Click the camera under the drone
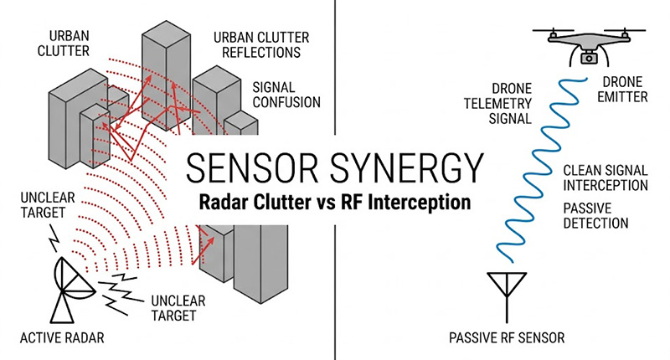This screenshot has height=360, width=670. point(588,56)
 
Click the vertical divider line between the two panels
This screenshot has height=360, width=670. point(335,84)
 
